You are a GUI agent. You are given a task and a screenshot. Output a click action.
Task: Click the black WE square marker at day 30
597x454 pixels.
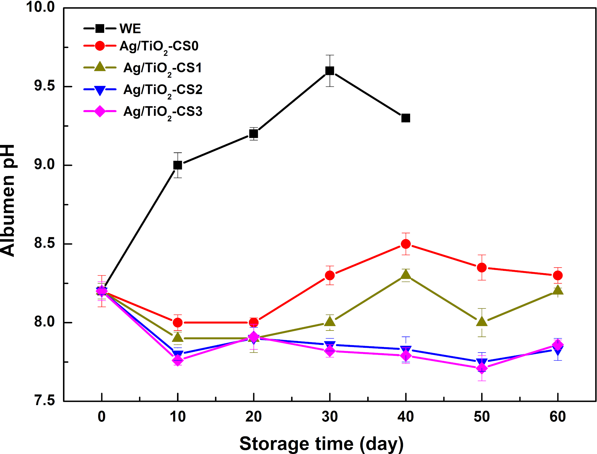330,71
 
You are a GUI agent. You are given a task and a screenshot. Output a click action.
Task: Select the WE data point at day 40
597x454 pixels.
406,118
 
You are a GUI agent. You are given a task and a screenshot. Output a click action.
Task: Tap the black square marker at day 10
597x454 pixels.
178,165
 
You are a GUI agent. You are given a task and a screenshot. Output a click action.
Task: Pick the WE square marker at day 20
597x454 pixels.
254,134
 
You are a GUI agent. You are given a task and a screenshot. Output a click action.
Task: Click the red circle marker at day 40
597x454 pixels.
406,244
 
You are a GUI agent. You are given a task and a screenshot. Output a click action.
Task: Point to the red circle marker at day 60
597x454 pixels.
558,275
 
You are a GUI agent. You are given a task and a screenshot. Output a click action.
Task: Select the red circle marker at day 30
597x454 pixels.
330,275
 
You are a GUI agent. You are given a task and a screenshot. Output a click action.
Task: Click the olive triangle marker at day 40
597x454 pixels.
406,274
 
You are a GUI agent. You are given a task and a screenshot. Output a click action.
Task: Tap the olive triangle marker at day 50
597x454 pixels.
481,321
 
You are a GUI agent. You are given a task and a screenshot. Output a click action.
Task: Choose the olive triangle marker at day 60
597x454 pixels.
558,290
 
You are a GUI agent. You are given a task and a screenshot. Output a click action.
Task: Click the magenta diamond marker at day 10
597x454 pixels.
178,360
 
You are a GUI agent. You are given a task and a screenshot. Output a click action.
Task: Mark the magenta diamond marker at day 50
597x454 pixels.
481,368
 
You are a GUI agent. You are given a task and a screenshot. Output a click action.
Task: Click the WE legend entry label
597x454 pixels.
130,29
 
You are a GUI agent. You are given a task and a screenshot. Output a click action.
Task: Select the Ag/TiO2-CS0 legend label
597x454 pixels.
159,47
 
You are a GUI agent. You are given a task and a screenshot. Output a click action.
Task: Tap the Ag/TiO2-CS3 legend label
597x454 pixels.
163,113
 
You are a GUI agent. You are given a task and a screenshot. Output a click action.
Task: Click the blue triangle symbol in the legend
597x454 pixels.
100,90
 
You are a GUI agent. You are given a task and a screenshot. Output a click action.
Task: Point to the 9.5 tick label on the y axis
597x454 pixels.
45,86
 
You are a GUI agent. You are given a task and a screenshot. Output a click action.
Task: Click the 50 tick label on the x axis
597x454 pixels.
481,417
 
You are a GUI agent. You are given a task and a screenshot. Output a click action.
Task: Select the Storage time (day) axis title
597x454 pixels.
321,444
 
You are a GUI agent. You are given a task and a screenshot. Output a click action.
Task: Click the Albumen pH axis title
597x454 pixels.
8,200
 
